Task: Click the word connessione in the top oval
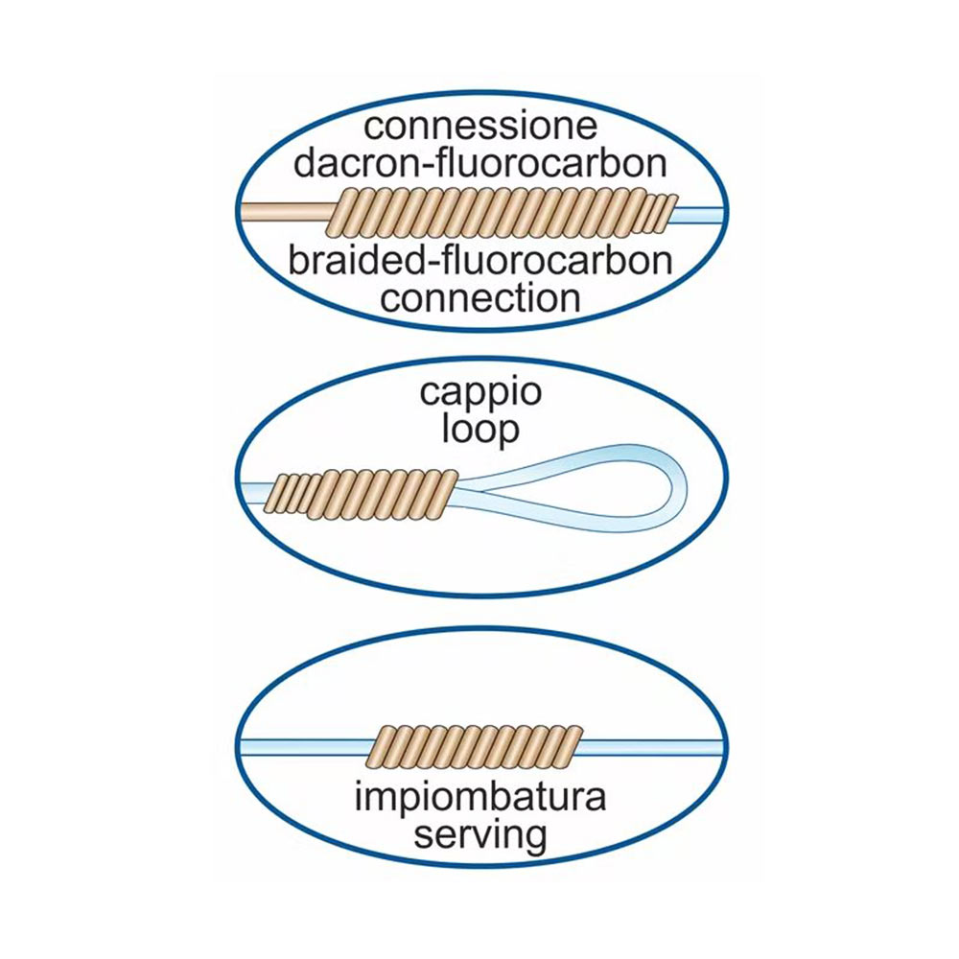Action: [479, 127]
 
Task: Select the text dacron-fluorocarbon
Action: [479, 163]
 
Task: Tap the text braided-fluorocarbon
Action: [479, 262]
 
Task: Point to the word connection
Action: [479, 297]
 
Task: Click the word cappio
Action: [479, 393]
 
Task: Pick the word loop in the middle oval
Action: [479, 429]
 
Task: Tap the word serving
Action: [479, 834]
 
